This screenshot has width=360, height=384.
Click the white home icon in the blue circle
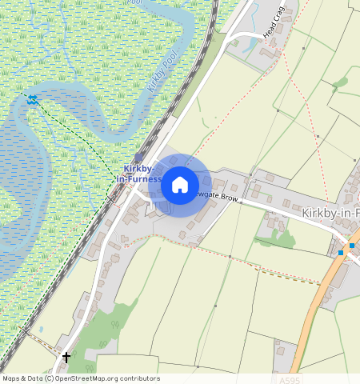click(x=180, y=185)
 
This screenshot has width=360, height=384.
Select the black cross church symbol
click(x=66, y=356)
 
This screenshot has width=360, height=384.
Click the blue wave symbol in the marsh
click(x=32, y=99)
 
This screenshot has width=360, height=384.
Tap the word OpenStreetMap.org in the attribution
click(x=91, y=378)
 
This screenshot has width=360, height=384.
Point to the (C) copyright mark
click(x=49, y=378)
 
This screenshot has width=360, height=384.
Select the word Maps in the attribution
click(x=12, y=378)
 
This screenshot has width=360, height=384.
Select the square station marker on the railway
click(x=140, y=157)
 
